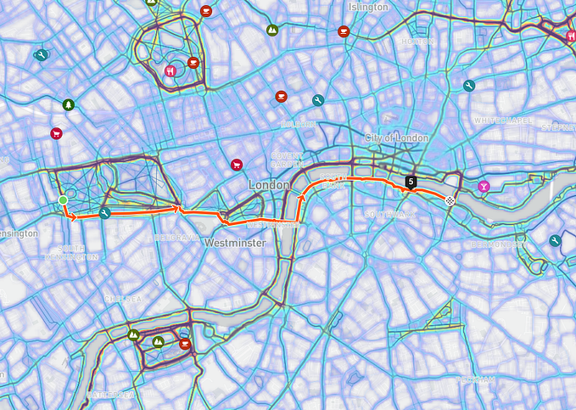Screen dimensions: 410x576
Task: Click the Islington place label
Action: (x=368, y=7)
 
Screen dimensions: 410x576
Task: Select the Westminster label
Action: (x=235, y=243)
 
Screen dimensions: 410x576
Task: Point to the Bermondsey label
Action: (x=498, y=244)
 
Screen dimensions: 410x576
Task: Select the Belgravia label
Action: (x=176, y=239)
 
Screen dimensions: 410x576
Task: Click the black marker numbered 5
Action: (x=411, y=181)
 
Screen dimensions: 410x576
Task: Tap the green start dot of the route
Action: (x=63, y=200)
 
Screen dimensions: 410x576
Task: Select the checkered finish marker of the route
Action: (x=450, y=201)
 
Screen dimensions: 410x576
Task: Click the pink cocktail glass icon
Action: (x=484, y=185)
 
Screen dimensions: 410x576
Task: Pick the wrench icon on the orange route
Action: (x=104, y=213)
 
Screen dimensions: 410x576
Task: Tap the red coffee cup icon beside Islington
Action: (x=343, y=31)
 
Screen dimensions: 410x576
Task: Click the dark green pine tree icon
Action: (x=68, y=104)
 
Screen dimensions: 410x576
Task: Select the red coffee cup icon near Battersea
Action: (x=185, y=344)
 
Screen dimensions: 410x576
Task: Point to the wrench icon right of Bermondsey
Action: (x=555, y=241)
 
